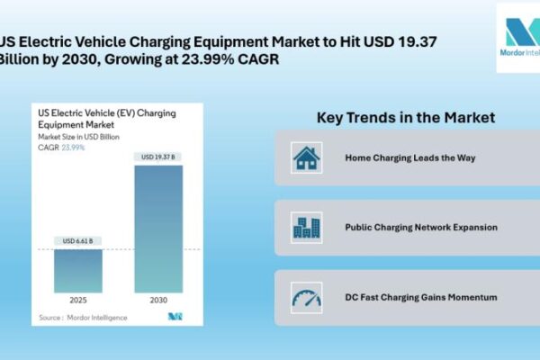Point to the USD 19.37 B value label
coord(157,157)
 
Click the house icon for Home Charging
coord(307,158)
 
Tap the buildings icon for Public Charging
coord(307,228)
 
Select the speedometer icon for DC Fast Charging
coord(307,297)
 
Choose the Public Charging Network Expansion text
coord(421,228)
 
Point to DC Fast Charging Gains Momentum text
coord(421,297)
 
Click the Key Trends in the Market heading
coord(406,118)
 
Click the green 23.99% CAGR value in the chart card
coord(74,147)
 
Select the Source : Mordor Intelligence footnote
coord(83,317)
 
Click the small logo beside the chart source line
coord(175,316)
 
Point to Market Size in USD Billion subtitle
coord(82,136)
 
